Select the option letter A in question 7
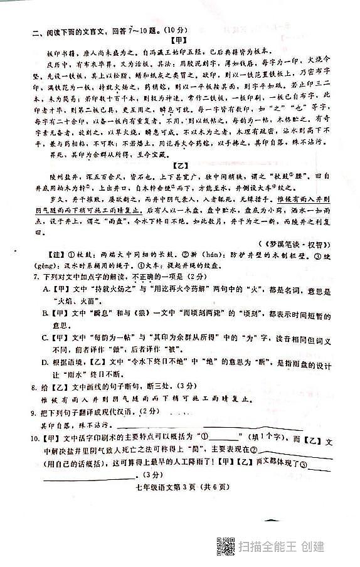(x=46, y=288)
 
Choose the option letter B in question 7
(x=46, y=312)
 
